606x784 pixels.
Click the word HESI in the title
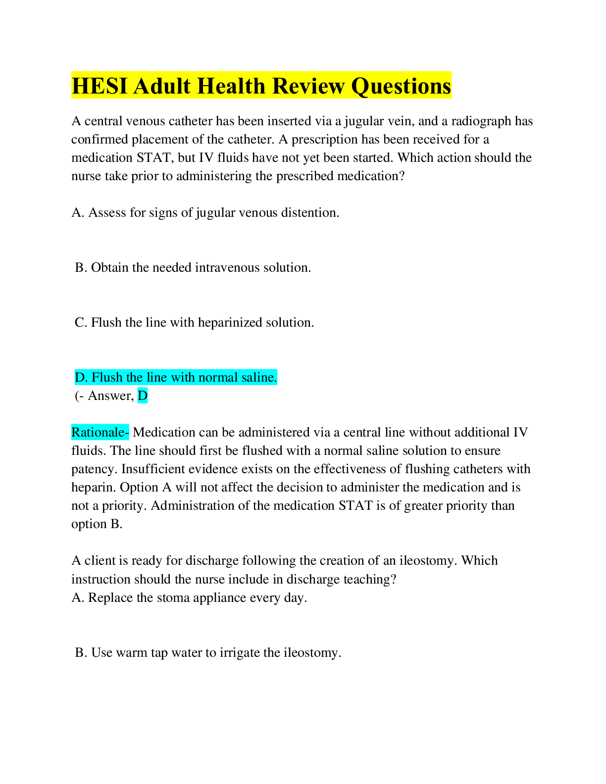pyautogui.click(x=100, y=86)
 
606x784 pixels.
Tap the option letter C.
pyautogui.click(x=80, y=323)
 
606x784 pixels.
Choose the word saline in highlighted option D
pyautogui.click(x=259, y=378)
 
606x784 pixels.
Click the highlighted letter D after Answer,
pyautogui.click(x=143, y=396)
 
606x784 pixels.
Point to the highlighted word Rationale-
pyautogui.click(x=100, y=433)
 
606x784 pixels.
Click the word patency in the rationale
pyautogui.click(x=94, y=469)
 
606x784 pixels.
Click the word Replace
pyautogui.click(x=110, y=598)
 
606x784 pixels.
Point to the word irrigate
pyautogui.click(x=239, y=653)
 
